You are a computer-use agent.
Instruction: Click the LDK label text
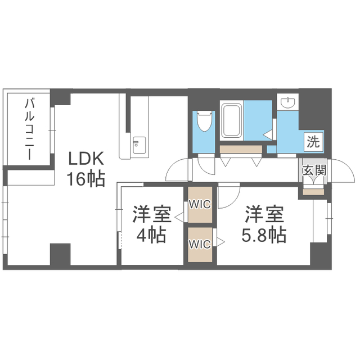(86, 159)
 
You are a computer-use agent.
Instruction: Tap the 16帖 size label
(86, 178)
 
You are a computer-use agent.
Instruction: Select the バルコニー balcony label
(30, 129)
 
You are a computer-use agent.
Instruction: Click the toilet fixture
(204, 121)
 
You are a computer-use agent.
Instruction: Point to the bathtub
(232, 120)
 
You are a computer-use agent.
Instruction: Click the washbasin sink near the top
(288, 102)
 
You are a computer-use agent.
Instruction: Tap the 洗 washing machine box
(313, 142)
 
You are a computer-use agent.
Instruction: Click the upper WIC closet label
(200, 204)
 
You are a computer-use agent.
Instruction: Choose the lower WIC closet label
(200, 244)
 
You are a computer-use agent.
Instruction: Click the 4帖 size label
(151, 235)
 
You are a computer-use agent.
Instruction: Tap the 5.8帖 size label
(264, 235)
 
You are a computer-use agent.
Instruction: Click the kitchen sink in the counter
(139, 145)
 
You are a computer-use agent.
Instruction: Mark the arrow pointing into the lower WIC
(220, 241)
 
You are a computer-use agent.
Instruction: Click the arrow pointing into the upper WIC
(179, 217)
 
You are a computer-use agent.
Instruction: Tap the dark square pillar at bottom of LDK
(60, 254)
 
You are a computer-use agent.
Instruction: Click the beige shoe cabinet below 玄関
(313, 192)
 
